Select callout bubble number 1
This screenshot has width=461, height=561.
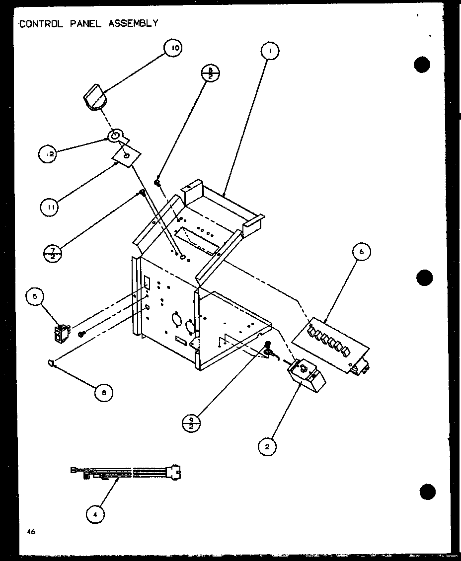point(269,50)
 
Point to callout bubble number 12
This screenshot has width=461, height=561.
point(48,154)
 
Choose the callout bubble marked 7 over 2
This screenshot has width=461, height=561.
point(53,254)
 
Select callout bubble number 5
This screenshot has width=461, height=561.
point(35,298)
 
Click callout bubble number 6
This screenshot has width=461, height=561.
point(361,252)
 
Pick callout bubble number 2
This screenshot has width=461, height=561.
point(267,446)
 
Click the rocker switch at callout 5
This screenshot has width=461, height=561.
point(62,334)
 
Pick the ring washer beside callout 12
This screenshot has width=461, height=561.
point(115,136)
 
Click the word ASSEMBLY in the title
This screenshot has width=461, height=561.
point(133,23)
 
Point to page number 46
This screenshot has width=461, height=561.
point(31,532)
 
